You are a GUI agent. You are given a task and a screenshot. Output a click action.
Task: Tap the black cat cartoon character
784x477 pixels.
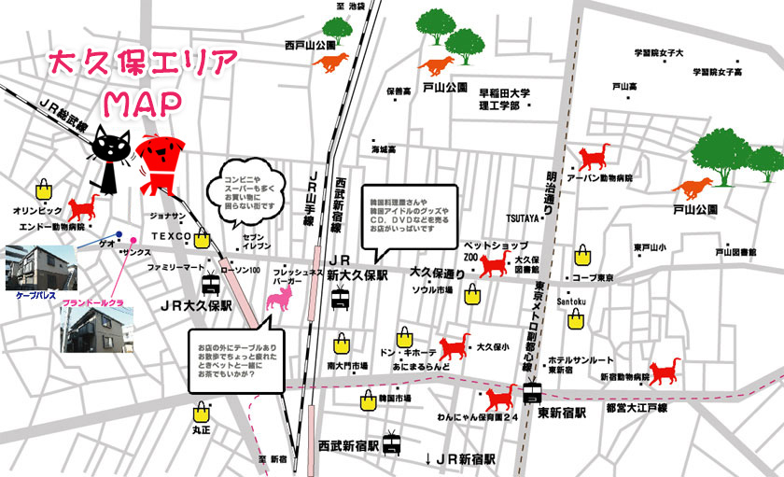pos(110,155)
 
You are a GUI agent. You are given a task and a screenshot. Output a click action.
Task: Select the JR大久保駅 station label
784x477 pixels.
pos(195,305)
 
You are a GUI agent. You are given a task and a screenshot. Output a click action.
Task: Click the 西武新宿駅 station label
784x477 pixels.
pos(347,445)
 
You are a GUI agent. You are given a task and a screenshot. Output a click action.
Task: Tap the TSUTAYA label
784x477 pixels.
pos(524,218)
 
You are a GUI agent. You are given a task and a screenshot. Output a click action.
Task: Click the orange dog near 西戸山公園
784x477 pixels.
pos(332,63)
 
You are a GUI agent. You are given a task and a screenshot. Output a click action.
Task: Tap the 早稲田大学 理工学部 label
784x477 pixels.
pos(504,100)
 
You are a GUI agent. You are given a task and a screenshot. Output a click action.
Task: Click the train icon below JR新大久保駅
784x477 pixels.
pos(342,299)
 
